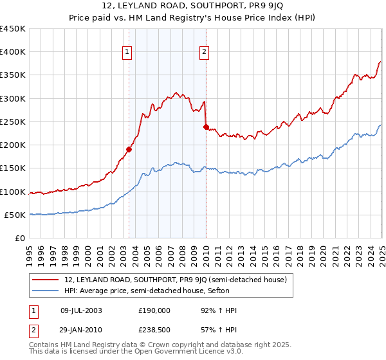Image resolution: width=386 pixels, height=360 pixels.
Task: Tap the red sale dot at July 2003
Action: (129, 149)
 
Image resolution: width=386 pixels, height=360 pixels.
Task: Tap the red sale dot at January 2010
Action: (206, 127)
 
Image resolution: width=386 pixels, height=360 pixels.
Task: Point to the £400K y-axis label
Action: (13, 52)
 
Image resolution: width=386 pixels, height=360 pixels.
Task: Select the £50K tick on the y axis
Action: (15, 215)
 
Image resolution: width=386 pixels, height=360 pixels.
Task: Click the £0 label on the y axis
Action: (21, 238)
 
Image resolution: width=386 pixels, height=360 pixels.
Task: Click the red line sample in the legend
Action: (46, 280)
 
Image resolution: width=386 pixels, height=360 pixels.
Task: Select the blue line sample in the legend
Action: (46, 291)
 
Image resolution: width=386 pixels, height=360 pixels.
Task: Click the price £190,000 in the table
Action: (154, 310)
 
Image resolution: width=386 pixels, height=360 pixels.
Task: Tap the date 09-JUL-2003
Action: (80, 310)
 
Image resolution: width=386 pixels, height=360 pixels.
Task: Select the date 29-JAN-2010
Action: (80, 329)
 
